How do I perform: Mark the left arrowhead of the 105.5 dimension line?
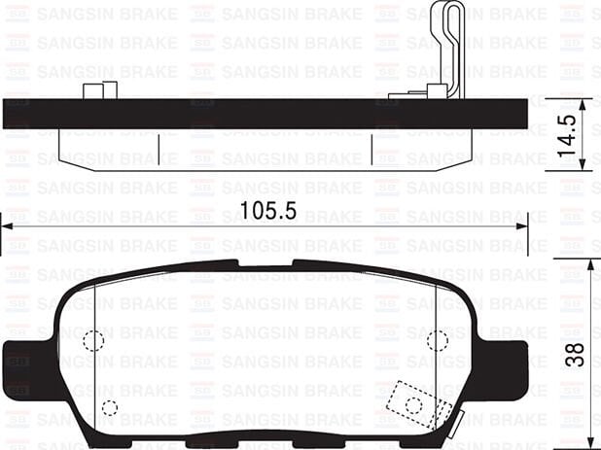click(x=5, y=226)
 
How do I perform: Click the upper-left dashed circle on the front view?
click(x=93, y=340)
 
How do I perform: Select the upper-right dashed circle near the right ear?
click(x=438, y=339)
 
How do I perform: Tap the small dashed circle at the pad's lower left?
click(x=109, y=407)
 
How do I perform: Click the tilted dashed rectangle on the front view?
click(x=412, y=400)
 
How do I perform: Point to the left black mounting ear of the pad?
click(x=21, y=366)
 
